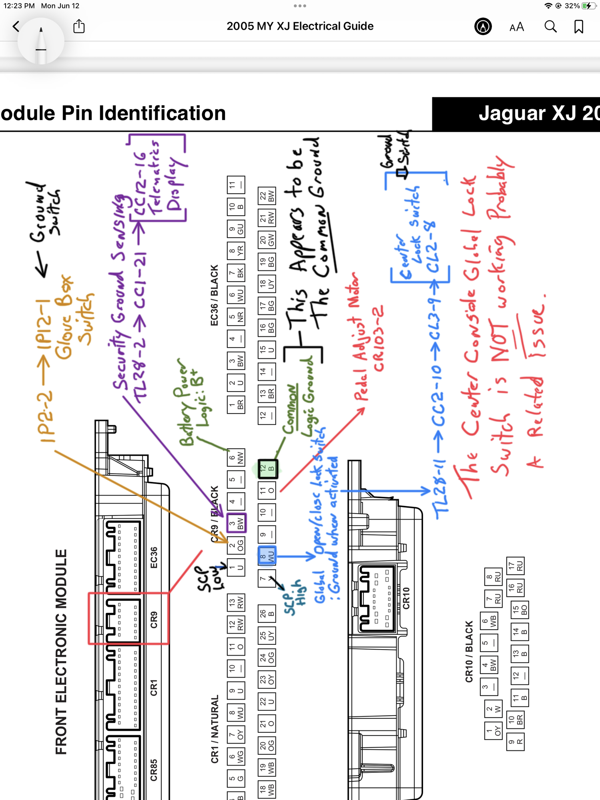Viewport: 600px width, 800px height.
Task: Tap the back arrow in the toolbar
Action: coord(16,27)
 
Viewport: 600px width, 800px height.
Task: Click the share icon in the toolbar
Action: coord(79,26)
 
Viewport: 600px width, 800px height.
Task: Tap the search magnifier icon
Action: coord(550,27)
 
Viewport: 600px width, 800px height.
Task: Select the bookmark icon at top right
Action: coord(578,27)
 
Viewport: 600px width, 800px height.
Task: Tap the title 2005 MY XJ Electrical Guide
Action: coord(300,26)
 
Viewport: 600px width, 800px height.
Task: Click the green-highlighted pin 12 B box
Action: coord(267,468)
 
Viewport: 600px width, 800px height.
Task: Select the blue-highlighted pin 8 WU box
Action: coord(267,556)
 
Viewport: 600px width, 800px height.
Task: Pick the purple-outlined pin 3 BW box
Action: coord(236,523)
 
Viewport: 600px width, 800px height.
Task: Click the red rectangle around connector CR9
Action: coord(128,618)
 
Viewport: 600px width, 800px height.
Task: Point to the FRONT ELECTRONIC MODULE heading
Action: coord(61,652)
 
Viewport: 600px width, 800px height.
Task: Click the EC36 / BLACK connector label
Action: coord(215,295)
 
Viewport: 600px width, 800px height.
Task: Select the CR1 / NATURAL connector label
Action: coord(215,729)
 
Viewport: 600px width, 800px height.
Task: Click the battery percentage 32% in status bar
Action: coord(572,6)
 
